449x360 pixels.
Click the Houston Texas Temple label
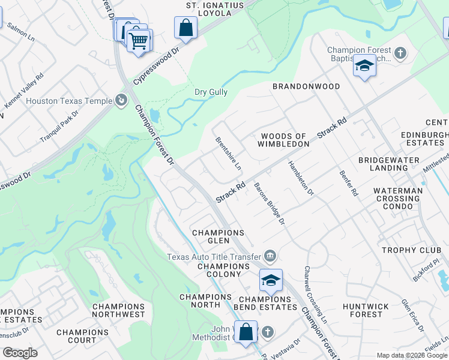pyautogui.click(x=69, y=101)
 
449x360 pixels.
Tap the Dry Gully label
pyautogui.click(x=211, y=92)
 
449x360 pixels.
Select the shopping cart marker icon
pyautogui.click(x=139, y=41)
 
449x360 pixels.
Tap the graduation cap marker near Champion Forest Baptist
pyautogui.click(x=364, y=65)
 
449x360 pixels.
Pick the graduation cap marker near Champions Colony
pyautogui.click(x=271, y=280)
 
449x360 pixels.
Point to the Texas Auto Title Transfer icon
pyautogui.click(x=270, y=256)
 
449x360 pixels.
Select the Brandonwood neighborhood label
pyautogui.click(x=306, y=86)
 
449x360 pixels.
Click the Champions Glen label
pyautogui.click(x=218, y=236)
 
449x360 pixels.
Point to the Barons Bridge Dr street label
pyautogui.click(x=269, y=205)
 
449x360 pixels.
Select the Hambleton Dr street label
pyautogui.click(x=301, y=178)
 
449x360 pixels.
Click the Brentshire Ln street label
pyautogui.click(x=229, y=153)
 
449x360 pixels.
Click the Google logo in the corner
pyautogui.click(x=20, y=353)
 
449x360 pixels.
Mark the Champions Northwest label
pyautogui.click(x=118, y=310)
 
